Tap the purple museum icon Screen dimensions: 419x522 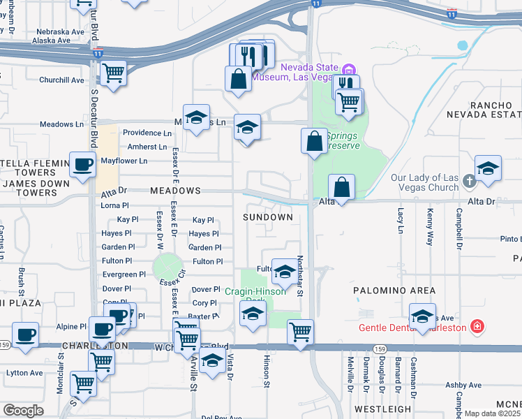click(x=350, y=68)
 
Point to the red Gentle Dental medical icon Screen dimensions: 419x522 click(x=476, y=327)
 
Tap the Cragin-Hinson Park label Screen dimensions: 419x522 click(x=255, y=296)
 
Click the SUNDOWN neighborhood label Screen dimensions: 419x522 click(x=267, y=217)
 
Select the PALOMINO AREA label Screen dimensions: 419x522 click(x=394, y=291)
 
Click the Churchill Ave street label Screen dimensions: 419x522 click(x=61, y=80)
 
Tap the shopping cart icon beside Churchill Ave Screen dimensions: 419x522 click(x=112, y=72)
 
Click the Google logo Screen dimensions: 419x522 click(x=23, y=411)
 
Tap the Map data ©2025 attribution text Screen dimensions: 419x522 click(x=492, y=413)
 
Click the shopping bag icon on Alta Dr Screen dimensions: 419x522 click(x=342, y=187)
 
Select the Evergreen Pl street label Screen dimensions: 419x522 click(x=124, y=274)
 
